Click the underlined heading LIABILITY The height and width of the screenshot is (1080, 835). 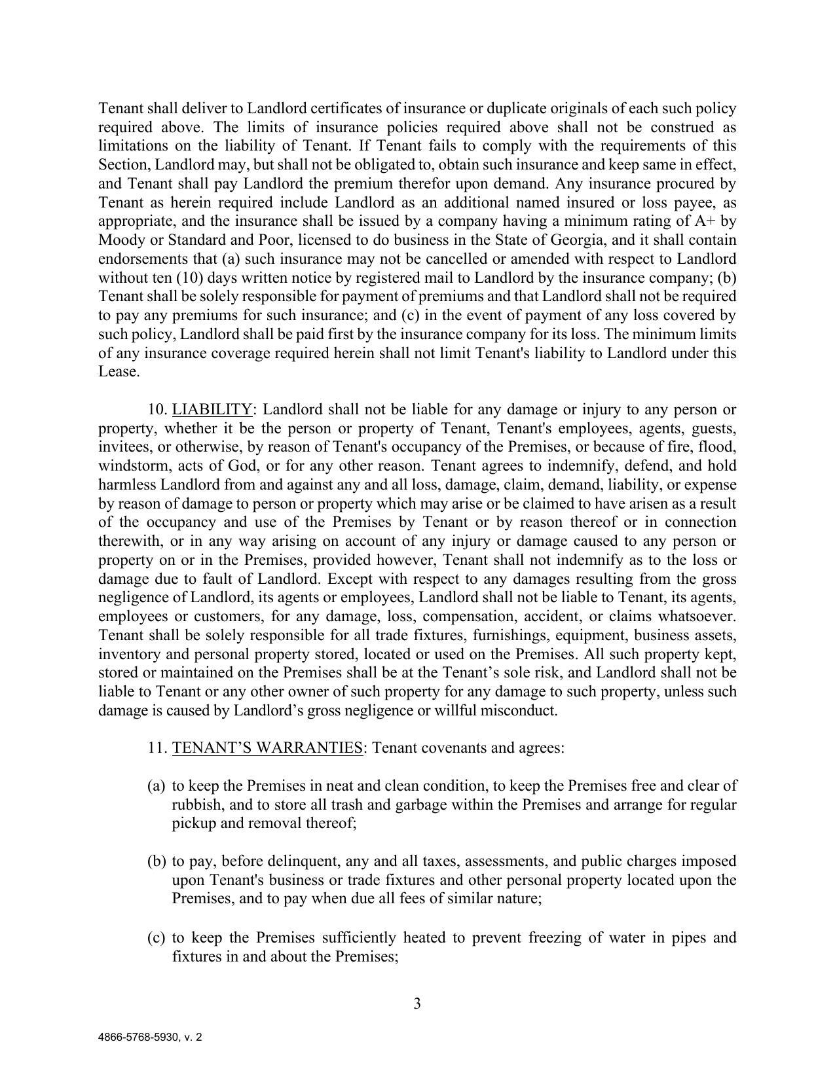pyautogui.click(x=212, y=410)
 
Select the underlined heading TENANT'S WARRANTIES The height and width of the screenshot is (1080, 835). pyautogui.click(x=267, y=747)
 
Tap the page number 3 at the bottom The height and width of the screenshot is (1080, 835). pyautogui.click(x=417, y=1003)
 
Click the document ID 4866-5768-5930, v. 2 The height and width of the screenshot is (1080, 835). pyautogui.click(x=150, y=1037)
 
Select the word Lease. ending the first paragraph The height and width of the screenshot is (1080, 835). pyautogui.click(x=119, y=372)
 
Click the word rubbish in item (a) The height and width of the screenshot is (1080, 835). pyautogui.click(x=196, y=804)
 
